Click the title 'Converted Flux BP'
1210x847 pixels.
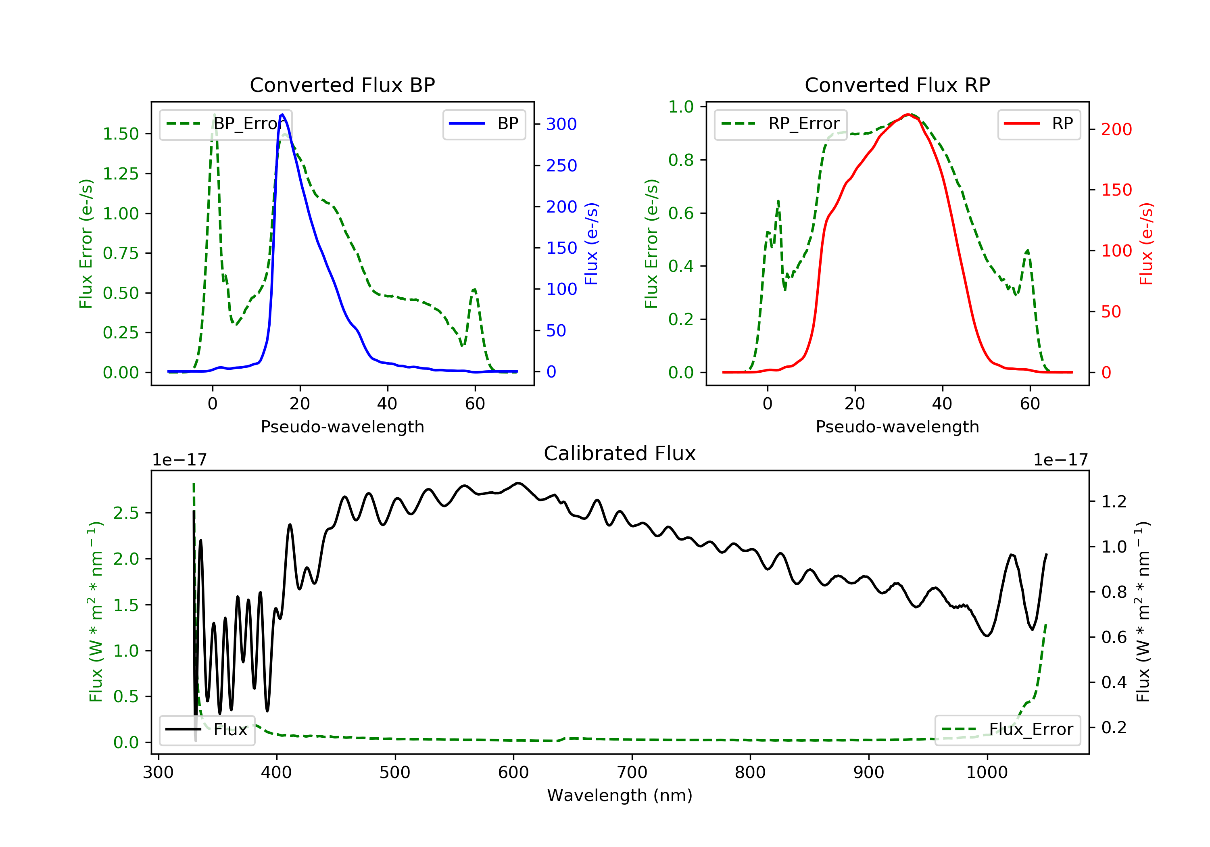click(x=342, y=85)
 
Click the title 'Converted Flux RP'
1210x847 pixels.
click(x=897, y=85)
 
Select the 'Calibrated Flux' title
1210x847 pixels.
click(x=620, y=453)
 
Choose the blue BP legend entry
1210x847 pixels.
click(x=484, y=124)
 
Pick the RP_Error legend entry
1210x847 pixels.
click(x=780, y=124)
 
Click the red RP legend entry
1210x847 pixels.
click(x=1039, y=124)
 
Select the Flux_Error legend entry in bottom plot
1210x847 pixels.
click(x=1007, y=730)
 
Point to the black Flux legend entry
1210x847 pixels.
click(x=207, y=730)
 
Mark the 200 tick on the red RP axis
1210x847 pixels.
click(x=1116, y=129)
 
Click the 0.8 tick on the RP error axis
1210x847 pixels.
click(x=681, y=160)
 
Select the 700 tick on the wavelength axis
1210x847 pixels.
click(x=632, y=773)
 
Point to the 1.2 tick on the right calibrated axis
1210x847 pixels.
click(x=1114, y=501)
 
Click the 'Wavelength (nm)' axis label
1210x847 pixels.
click(x=620, y=795)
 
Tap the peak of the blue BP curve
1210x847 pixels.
click(x=282, y=115)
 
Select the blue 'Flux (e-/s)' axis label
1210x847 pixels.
click(x=591, y=244)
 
